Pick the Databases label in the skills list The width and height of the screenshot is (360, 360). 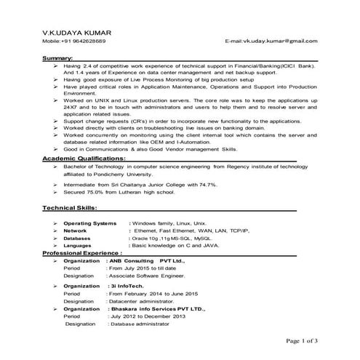(x=77, y=238)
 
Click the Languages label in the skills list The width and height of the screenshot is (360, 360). (x=78, y=246)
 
